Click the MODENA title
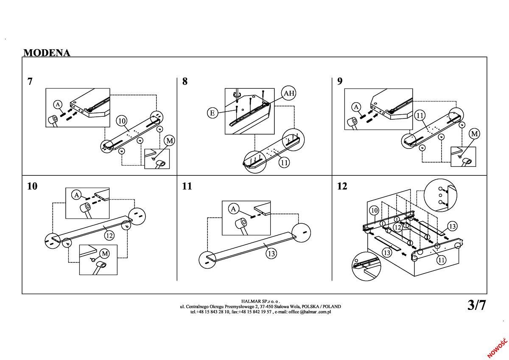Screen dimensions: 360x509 click(x=47, y=53)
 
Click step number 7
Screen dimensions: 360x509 click(x=30, y=82)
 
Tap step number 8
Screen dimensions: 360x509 click(x=185, y=82)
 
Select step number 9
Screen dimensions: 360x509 click(x=340, y=82)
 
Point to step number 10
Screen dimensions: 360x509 click(x=32, y=186)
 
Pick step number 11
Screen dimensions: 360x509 click(x=187, y=186)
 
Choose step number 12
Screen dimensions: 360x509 click(x=342, y=186)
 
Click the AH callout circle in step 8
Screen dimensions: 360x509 click(x=289, y=93)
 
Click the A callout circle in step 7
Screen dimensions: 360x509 click(x=58, y=105)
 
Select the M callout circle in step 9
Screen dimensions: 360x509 click(x=474, y=134)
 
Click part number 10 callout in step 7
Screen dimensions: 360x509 click(x=122, y=121)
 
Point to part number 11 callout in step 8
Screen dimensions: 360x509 click(x=284, y=162)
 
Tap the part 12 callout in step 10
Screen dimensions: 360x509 click(x=109, y=235)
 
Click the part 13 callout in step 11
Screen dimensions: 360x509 click(x=271, y=254)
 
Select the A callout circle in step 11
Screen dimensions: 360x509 click(x=233, y=208)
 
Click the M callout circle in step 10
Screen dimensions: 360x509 click(x=104, y=254)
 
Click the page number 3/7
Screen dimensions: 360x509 click(x=476, y=305)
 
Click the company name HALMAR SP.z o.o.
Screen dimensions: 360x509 click(x=260, y=301)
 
